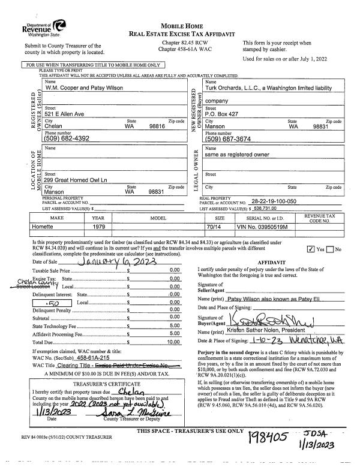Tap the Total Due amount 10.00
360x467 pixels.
tap(175, 341)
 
